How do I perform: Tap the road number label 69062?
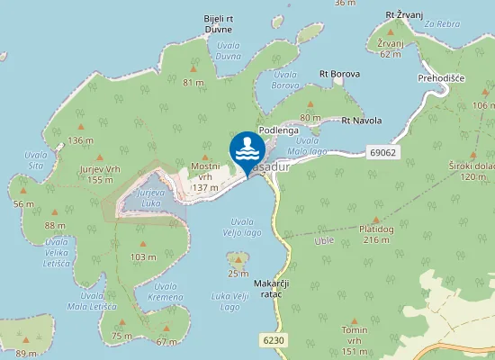(x=382, y=153)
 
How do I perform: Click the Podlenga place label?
(x=277, y=130)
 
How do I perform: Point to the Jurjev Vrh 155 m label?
(x=100, y=175)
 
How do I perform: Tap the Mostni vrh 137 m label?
(x=205, y=177)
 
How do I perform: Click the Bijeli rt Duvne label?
(x=219, y=22)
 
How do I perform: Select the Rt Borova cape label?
(x=339, y=74)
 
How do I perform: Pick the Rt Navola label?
(x=361, y=120)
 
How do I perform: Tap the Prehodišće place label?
(x=440, y=78)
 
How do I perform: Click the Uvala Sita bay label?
(x=37, y=160)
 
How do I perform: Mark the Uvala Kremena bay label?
(x=166, y=291)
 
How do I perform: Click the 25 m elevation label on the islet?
(x=238, y=274)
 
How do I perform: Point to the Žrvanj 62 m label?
(x=390, y=49)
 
